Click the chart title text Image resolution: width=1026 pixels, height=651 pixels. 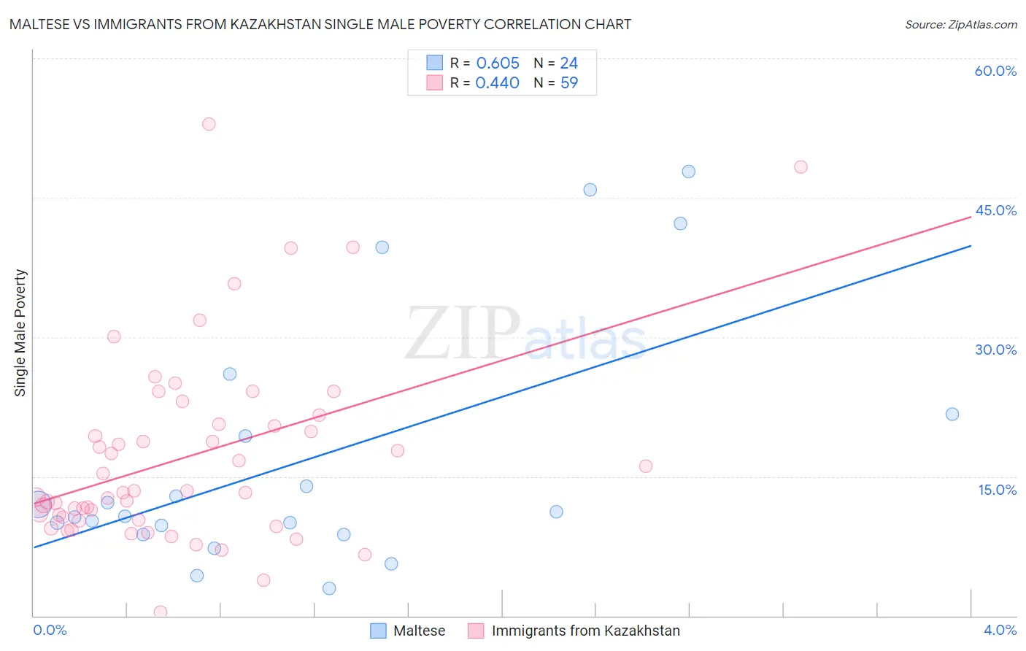click(x=320, y=24)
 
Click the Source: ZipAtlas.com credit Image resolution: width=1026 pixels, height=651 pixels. click(x=960, y=24)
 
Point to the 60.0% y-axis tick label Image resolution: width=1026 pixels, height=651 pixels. click(x=995, y=71)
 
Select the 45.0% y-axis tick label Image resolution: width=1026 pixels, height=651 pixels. click(x=995, y=210)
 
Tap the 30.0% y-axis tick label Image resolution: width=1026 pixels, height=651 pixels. click(x=995, y=350)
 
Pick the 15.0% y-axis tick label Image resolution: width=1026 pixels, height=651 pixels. click(x=997, y=490)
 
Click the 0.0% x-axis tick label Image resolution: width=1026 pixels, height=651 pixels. click(x=50, y=630)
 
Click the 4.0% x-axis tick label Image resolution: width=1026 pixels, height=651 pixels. click(x=1000, y=630)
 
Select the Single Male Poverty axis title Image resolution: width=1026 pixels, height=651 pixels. click(x=20, y=333)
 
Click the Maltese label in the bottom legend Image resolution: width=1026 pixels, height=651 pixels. click(x=419, y=631)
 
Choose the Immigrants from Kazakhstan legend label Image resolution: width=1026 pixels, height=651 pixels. click(x=585, y=631)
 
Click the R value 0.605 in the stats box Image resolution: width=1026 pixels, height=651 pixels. click(x=498, y=63)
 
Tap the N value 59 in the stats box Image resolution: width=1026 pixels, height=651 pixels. click(x=568, y=83)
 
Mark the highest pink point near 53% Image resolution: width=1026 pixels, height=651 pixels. click(x=209, y=124)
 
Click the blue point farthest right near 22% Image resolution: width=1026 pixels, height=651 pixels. click(x=952, y=414)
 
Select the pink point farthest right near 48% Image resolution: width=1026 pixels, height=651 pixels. click(x=801, y=167)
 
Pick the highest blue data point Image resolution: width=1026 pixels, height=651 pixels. click(x=688, y=172)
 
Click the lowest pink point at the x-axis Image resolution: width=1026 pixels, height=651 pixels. click(x=161, y=612)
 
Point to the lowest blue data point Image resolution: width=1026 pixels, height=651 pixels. click(x=329, y=588)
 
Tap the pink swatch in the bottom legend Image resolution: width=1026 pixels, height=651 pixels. click(x=476, y=631)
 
